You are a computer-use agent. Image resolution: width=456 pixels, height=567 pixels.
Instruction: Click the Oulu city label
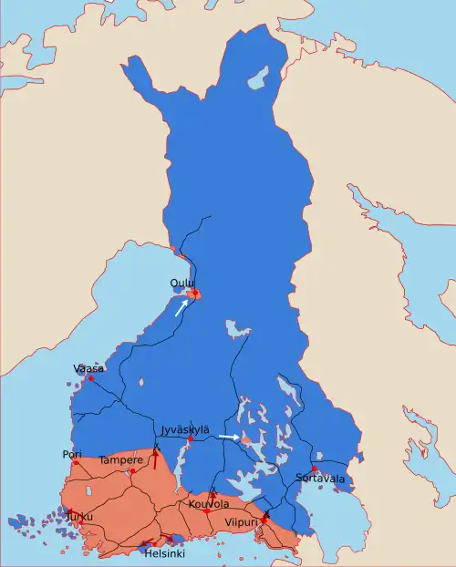tap(181, 283)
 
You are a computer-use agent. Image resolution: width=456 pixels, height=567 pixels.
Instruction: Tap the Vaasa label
tap(88, 368)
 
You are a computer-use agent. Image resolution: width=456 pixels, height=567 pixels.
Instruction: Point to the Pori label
tap(72, 454)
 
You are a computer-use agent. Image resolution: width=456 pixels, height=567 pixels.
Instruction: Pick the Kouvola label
tap(209, 504)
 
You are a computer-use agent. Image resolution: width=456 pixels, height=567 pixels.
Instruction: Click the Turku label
tap(78, 517)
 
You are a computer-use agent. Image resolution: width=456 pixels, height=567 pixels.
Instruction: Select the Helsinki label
tap(165, 553)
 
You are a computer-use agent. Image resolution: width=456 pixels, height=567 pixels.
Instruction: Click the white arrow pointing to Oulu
tap(182, 307)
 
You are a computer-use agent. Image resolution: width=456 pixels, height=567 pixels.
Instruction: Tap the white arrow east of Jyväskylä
tap(230, 438)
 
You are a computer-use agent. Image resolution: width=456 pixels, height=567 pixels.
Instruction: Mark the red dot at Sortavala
tap(314, 469)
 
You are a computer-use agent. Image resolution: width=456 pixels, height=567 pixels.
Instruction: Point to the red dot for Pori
tap(76, 463)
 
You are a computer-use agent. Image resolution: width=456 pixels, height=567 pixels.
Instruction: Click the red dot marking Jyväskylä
tap(190, 439)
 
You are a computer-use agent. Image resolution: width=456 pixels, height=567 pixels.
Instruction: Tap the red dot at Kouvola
tap(207, 511)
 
